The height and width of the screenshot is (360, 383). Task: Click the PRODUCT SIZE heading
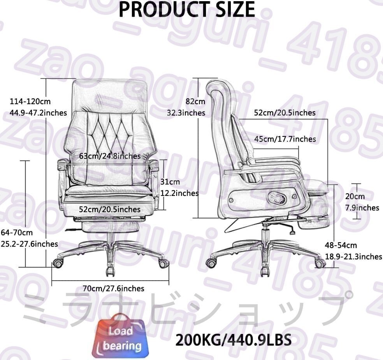click(186, 9)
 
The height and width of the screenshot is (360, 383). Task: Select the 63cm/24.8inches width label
click(110, 156)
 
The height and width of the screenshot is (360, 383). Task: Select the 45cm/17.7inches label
click(285, 139)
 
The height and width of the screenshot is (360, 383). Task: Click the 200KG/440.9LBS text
click(234, 340)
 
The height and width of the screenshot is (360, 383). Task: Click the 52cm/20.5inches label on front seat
click(109, 209)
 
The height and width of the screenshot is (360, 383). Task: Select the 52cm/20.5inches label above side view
click(285, 113)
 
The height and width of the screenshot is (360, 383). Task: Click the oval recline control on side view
click(277, 198)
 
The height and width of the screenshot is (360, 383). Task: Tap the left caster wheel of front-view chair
click(58, 264)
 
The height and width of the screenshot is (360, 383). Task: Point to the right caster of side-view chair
click(320, 263)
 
